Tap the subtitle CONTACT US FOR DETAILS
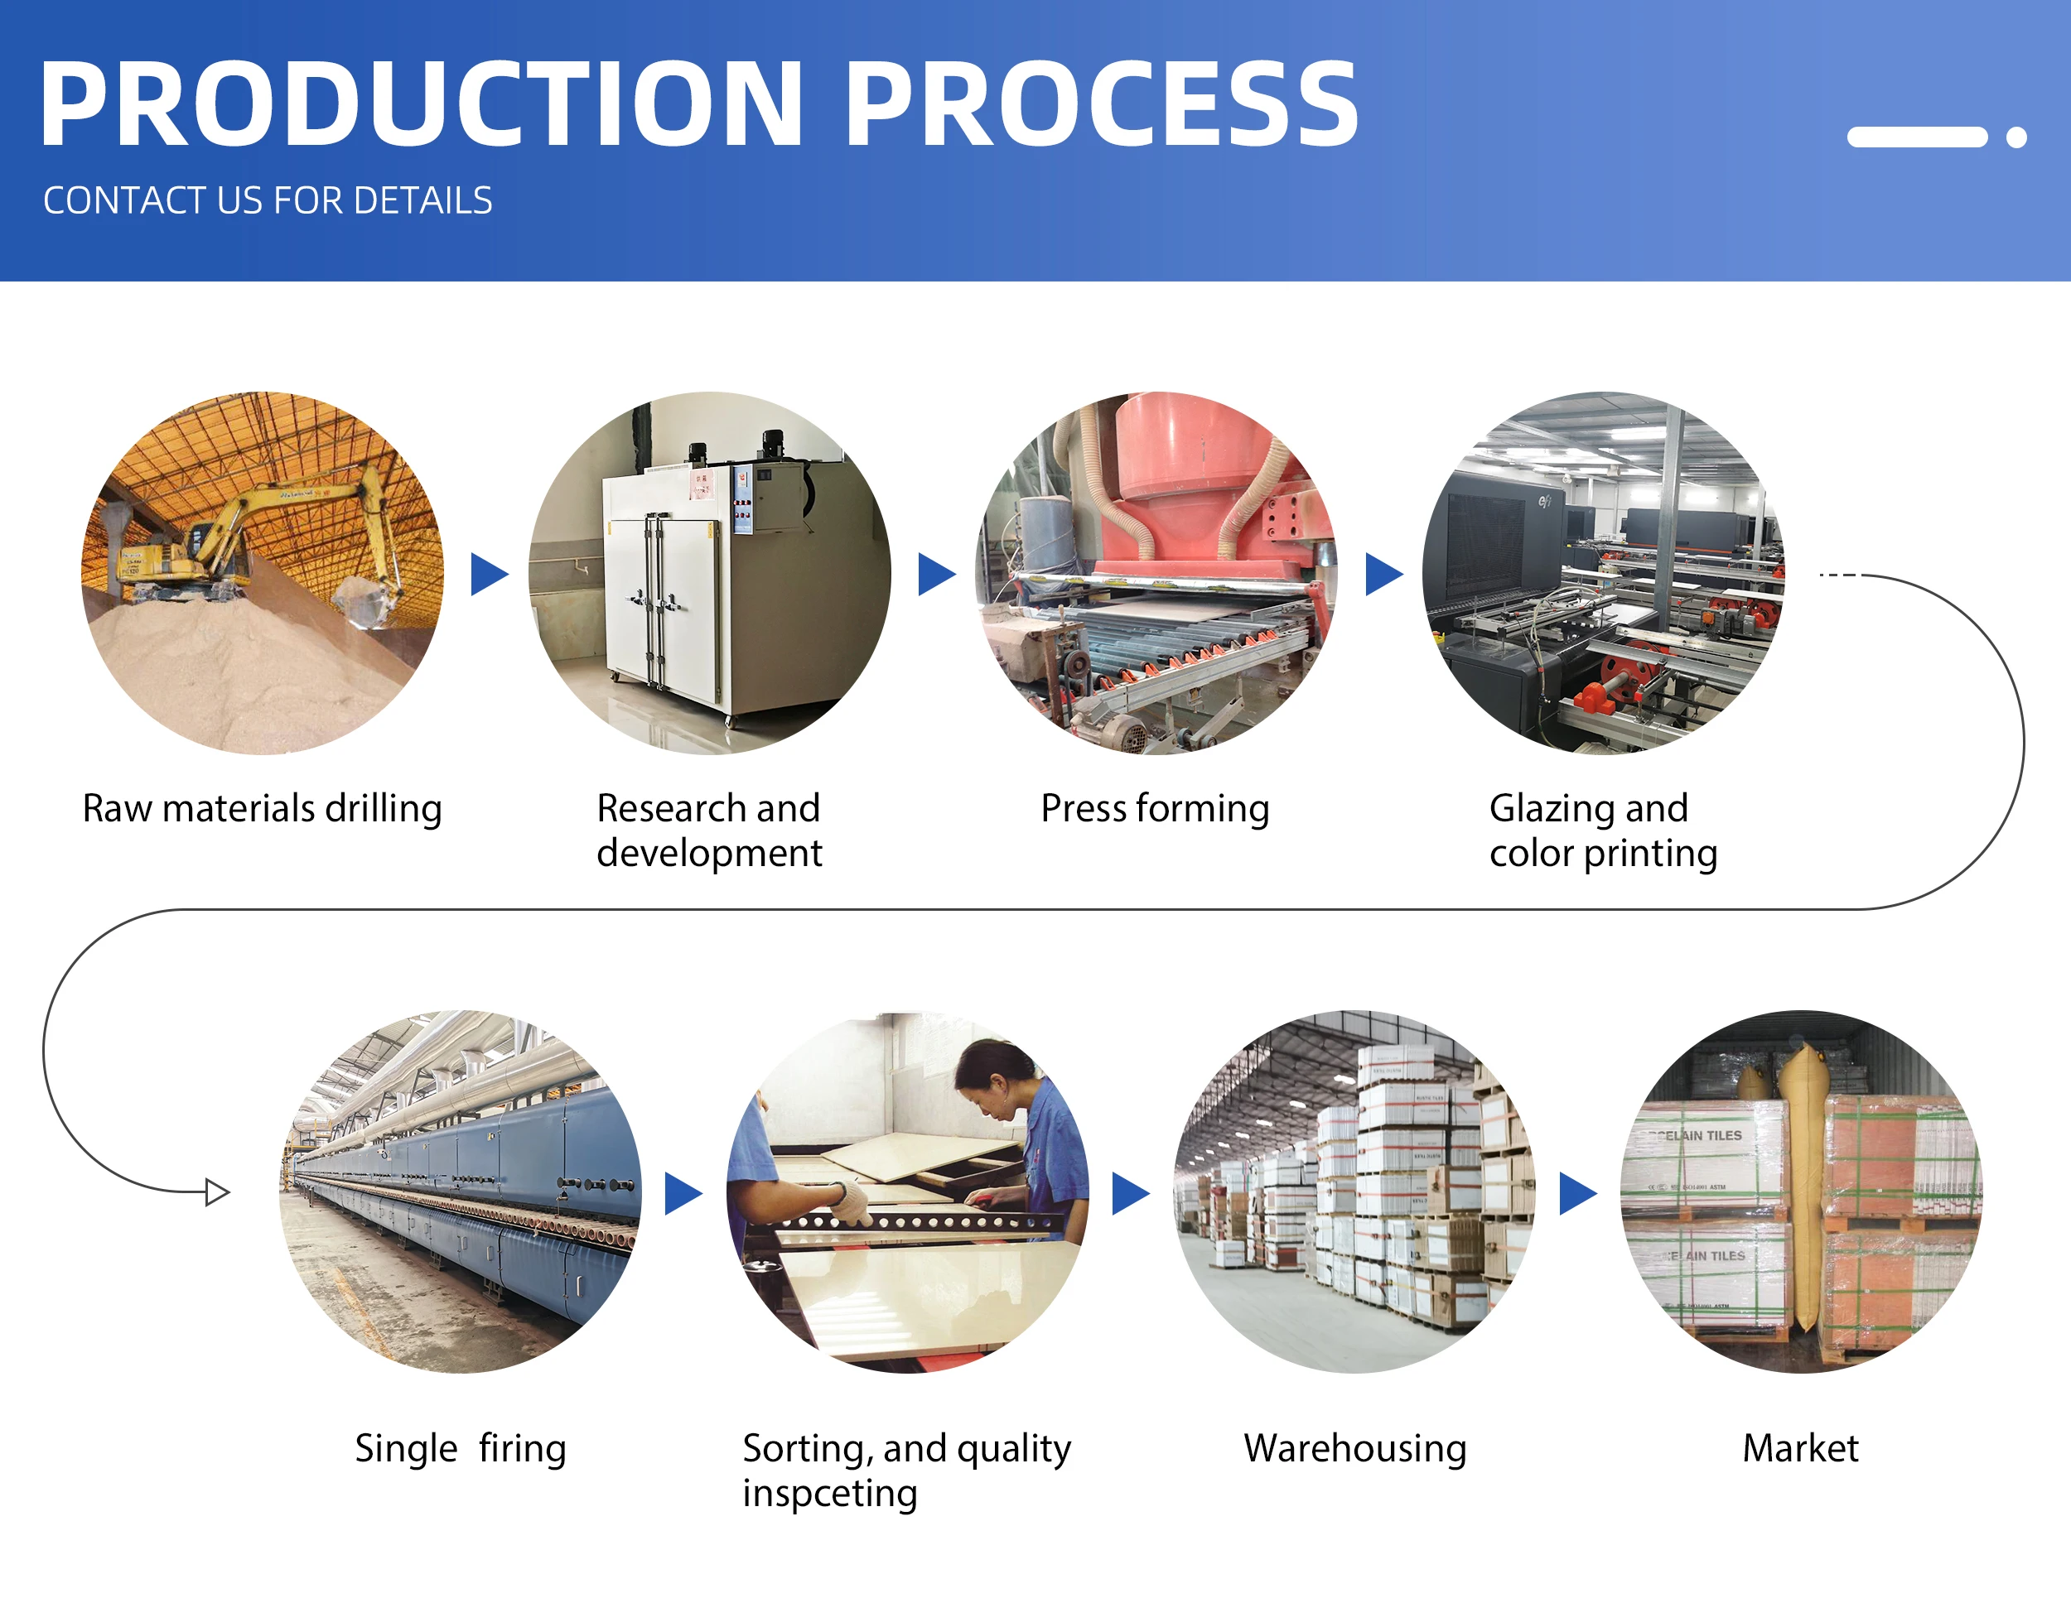(x=268, y=201)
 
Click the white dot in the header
(x=2016, y=137)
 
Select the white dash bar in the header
(x=1916, y=137)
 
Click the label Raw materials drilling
(x=262, y=809)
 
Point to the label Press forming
(x=1154, y=809)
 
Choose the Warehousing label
(x=1354, y=1447)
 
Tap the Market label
(x=1800, y=1447)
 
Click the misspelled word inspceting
(x=830, y=1493)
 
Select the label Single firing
(x=460, y=1447)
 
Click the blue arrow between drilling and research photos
(x=489, y=575)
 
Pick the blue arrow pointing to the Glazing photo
(x=1383, y=575)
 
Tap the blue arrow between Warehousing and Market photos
(x=1577, y=1193)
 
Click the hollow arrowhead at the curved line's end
(x=217, y=1191)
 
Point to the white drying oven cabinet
(x=664, y=588)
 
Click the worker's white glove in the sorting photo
(x=852, y=1202)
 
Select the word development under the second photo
(x=708, y=853)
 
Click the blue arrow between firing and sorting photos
(x=682, y=1193)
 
